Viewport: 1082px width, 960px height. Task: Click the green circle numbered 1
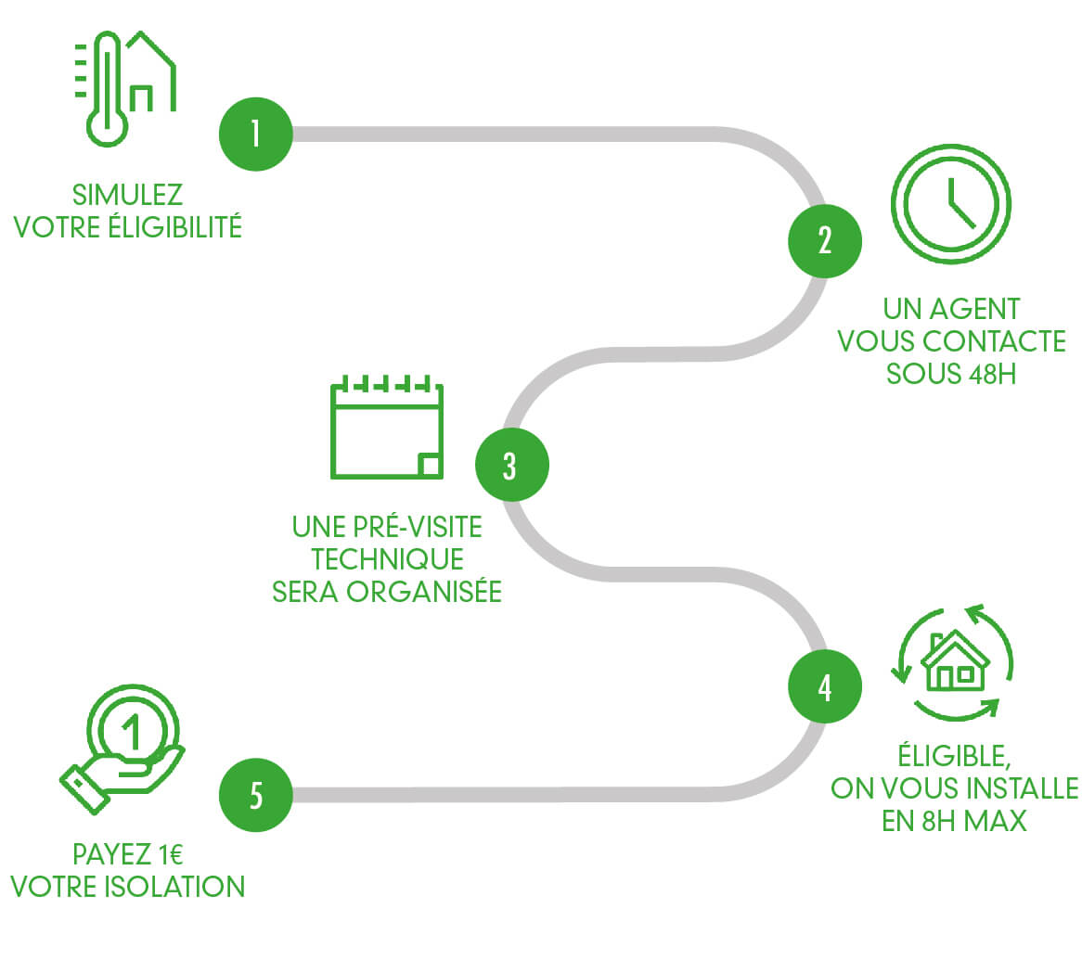point(255,134)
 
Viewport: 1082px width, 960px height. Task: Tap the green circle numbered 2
point(824,241)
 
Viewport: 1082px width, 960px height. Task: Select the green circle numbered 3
point(511,465)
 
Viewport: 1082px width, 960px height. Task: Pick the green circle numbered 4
point(824,687)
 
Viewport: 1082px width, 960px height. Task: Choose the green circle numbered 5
point(255,796)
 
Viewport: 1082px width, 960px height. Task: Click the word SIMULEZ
point(127,196)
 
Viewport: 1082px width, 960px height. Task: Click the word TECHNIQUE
point(387,559)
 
